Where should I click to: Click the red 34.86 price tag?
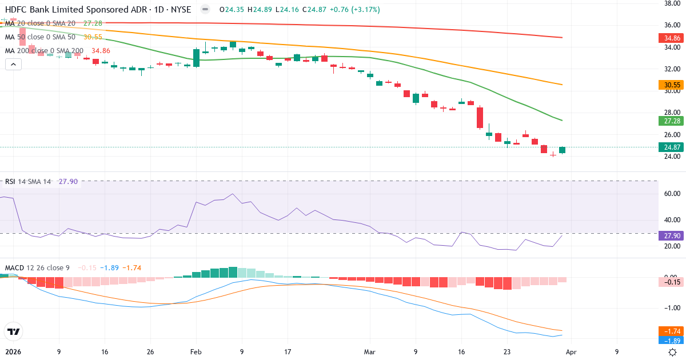672,38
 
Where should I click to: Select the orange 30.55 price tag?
672,85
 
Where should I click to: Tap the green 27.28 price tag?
672,121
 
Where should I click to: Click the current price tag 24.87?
672,147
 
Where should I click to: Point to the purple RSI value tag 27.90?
672,235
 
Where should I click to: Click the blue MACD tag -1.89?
672,341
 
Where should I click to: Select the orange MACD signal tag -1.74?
672,331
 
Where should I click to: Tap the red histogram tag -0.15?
672,282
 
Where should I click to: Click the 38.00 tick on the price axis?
671,3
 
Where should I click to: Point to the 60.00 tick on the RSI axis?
671,194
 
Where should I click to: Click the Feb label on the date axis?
196,352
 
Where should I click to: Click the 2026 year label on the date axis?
13,352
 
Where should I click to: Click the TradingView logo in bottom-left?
13,331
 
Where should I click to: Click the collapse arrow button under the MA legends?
13,65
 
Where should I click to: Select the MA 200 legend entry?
45,51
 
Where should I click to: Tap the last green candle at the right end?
562,150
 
